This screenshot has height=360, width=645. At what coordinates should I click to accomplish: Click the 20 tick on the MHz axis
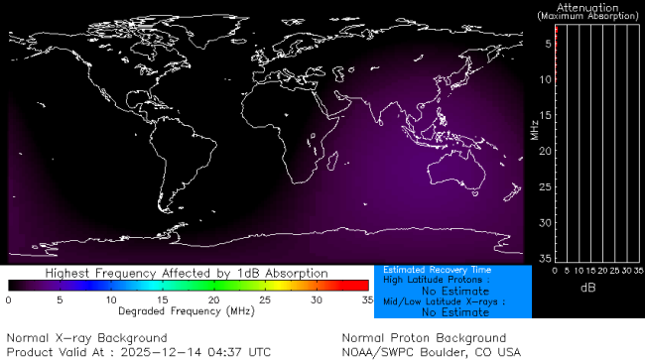click(x=545, y=151)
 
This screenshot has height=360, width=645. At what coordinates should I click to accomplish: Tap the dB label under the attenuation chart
click(x=587, y=288)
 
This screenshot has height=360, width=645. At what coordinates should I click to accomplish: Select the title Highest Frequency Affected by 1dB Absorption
click(x=187, y=273)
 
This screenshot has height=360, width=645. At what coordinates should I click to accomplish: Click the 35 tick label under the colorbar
click(x=365, y=299)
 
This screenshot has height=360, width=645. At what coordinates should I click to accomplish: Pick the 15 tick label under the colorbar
click(x=161, y=299)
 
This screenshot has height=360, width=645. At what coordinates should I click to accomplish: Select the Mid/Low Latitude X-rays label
click(x=445, y=301)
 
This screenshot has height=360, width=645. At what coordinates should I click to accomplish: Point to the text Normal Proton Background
click(x=424, y=338)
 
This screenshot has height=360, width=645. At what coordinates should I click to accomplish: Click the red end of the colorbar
click(x=362, y=286)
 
